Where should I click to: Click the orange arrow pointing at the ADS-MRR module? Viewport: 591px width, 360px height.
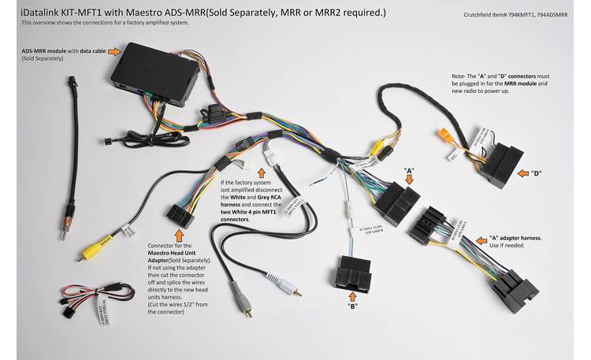[114, 51]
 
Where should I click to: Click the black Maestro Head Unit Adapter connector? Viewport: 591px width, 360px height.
[177, 213]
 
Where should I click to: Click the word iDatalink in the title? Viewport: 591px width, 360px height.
[39, 12]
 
